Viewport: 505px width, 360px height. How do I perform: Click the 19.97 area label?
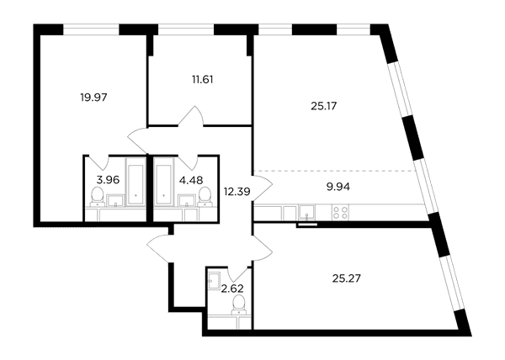[93, 98]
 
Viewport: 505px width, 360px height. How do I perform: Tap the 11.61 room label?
[203, 79]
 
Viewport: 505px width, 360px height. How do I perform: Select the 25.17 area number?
[324, 106]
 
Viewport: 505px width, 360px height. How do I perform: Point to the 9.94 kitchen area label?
[338, 187]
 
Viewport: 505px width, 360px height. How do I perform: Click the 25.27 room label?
[347, 278]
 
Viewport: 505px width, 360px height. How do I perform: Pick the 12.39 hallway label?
[237, 192]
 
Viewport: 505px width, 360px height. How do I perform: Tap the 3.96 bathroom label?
[108, 180]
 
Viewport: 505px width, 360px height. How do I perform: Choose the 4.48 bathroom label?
[191, 180]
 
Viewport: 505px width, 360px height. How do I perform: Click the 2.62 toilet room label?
[232, 289]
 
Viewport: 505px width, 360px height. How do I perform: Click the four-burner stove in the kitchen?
[341, 212]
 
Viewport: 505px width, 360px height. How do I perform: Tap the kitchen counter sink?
[307, 212]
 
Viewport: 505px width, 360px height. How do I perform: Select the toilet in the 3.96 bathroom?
[97, 197]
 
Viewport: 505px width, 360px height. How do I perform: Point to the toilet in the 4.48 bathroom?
[205, 197]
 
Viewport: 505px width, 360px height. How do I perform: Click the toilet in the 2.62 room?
[239, 304]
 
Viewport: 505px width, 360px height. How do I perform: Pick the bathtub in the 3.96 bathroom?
[135, 181]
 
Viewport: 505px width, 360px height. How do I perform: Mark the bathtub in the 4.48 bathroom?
[164, 181]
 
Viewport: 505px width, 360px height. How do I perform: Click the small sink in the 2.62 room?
[214, 281]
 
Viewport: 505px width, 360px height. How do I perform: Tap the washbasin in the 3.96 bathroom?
[115, 200]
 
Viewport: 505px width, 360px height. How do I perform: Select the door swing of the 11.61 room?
[191, 116]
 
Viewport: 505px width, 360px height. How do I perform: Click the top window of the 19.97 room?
[91, 29]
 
